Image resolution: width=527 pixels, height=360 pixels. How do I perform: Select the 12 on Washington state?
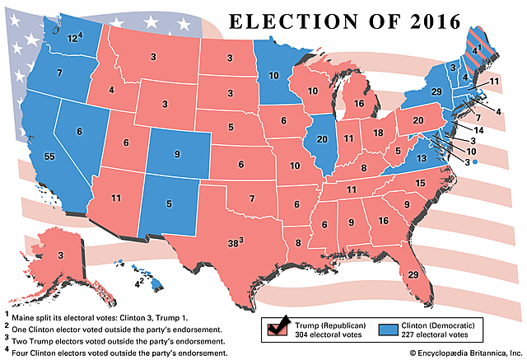click(x=72, y=37)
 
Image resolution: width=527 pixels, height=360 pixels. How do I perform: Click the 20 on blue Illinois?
click(x=322, y=139)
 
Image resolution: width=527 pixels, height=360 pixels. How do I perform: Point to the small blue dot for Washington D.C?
click(x=475, y=163)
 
